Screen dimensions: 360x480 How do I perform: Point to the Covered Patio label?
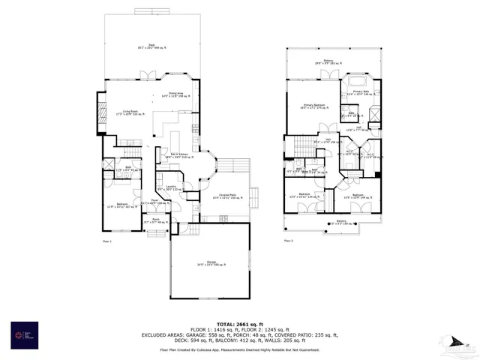224,196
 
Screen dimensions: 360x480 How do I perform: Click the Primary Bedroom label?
314,106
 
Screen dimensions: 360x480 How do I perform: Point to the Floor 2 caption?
288,241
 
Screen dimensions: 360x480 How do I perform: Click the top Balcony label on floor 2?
328,61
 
